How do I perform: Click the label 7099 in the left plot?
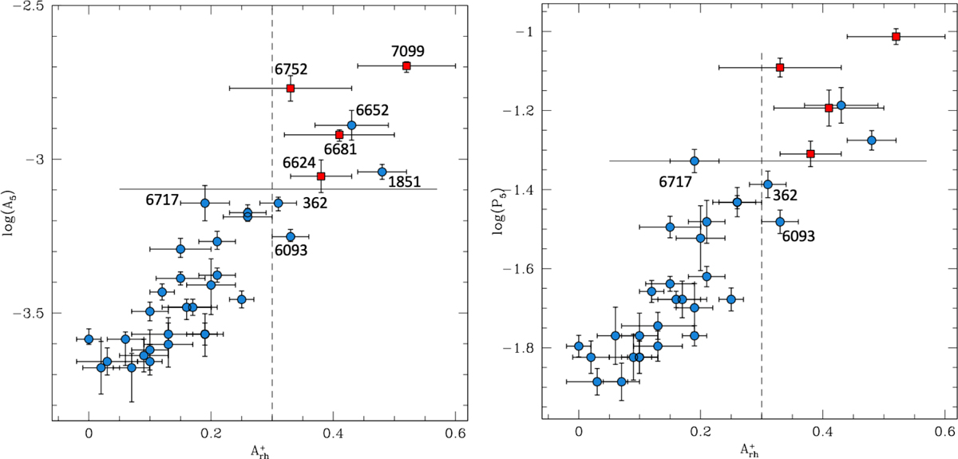(x=408, y=50)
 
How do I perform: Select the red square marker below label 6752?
(x=291, y=88)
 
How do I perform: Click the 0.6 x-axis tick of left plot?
(x=455, y=437)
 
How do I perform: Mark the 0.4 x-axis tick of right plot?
(x=823, y=437)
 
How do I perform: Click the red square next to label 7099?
(x=406, y=66)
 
